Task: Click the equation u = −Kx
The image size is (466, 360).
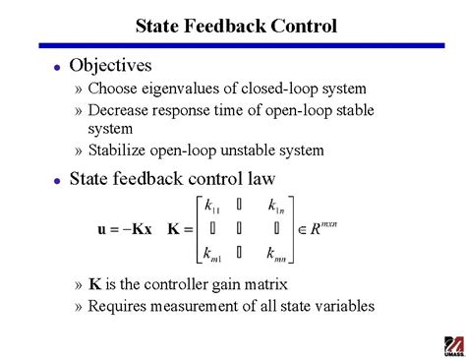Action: coord(125,230)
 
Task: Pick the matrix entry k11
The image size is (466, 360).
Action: coord(212,207)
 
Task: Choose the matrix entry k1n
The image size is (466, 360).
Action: coord(276,207)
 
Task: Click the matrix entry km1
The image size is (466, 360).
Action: coord(212,256)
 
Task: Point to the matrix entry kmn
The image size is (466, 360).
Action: coord(277,256)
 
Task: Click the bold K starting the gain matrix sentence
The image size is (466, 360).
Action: coord(94,285)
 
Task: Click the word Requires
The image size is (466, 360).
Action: coord(119,306)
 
